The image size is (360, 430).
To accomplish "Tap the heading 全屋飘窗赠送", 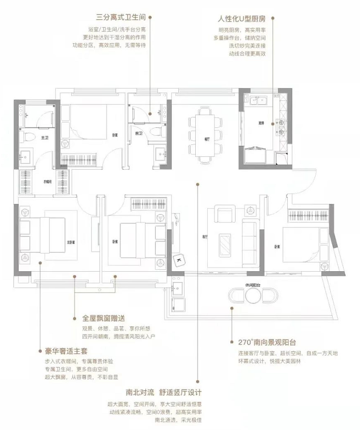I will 104,318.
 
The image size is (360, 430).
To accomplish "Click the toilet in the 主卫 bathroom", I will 28,138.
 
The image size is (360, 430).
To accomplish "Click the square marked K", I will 178,259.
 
